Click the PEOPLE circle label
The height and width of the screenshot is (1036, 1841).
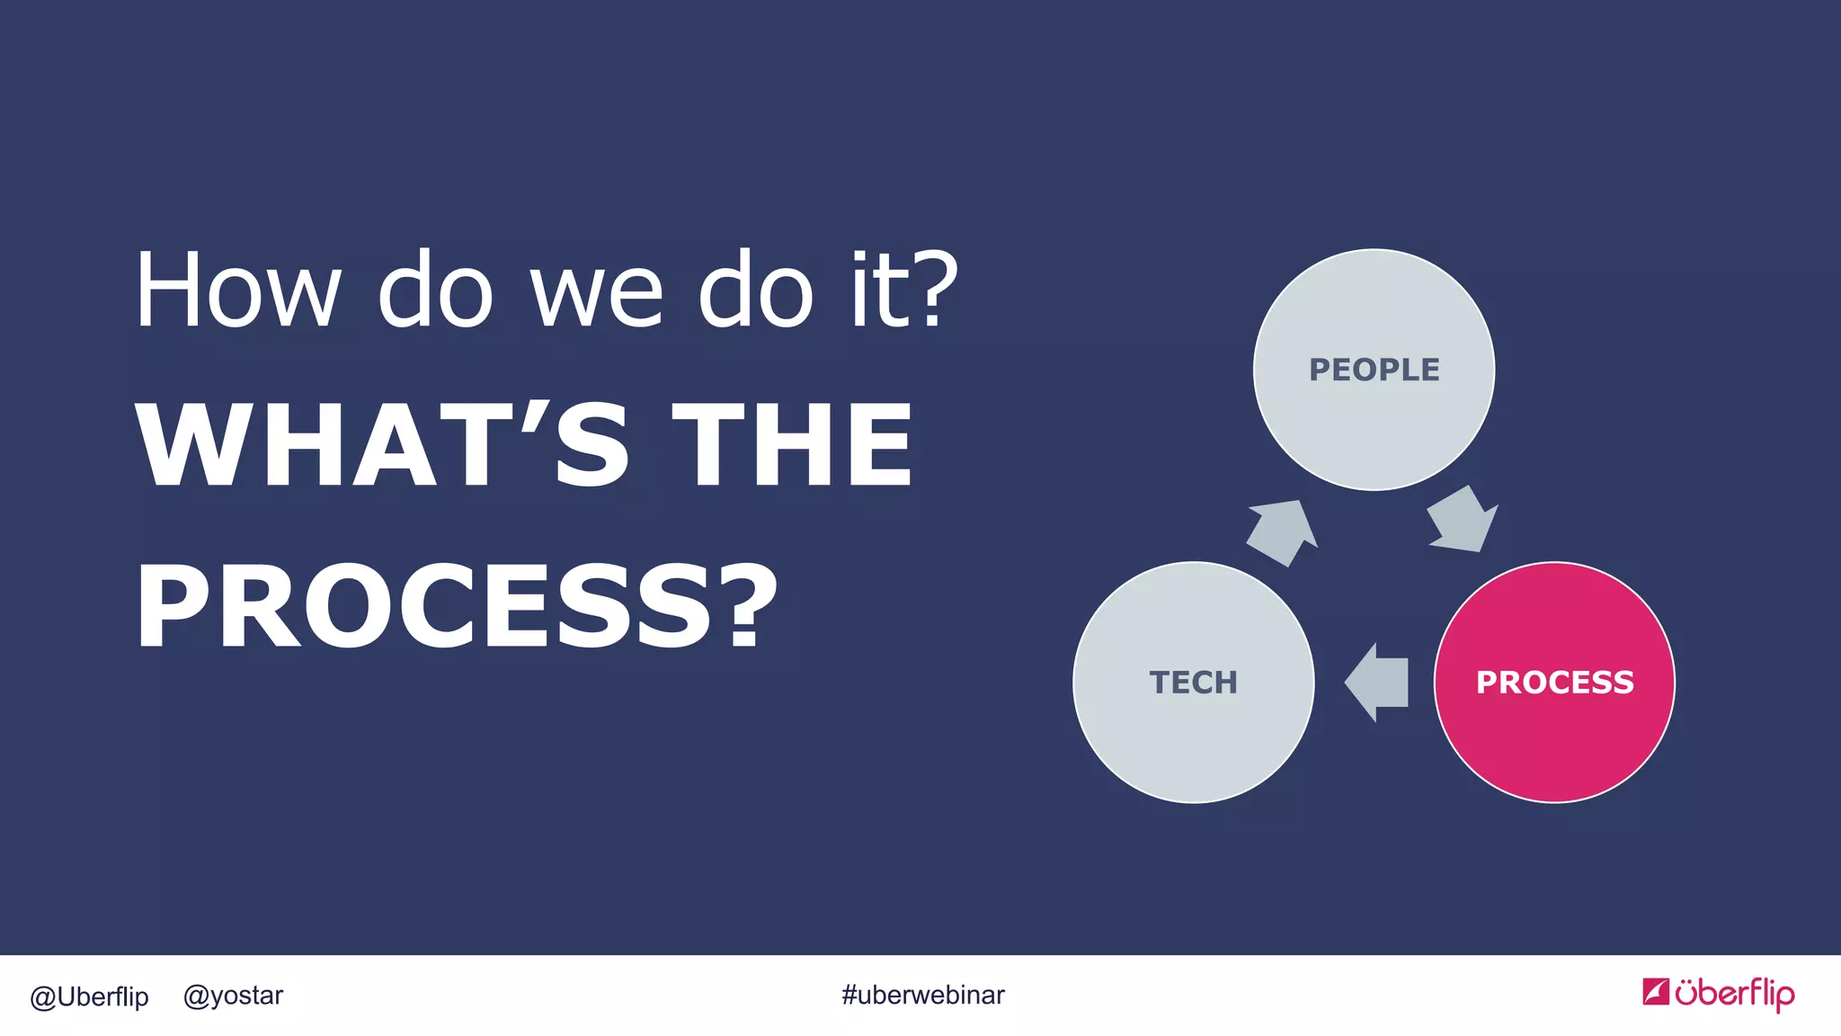click(1374, 370)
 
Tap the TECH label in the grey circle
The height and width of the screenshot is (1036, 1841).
click(1193, 683)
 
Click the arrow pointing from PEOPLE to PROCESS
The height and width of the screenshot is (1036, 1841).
click(1463, 521)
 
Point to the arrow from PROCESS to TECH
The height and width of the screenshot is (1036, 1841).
click(1377, 683)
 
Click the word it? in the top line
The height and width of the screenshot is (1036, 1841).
click(903, 290)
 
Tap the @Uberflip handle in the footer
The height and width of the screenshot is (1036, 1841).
click(89, 996)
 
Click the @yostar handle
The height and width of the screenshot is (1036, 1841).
click(233, 996)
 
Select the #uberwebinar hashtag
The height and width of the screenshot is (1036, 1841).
click(922, 996)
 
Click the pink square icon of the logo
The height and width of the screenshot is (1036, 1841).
click(1656, 991)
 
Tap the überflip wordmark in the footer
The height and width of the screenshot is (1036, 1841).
click(1734, 994)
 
